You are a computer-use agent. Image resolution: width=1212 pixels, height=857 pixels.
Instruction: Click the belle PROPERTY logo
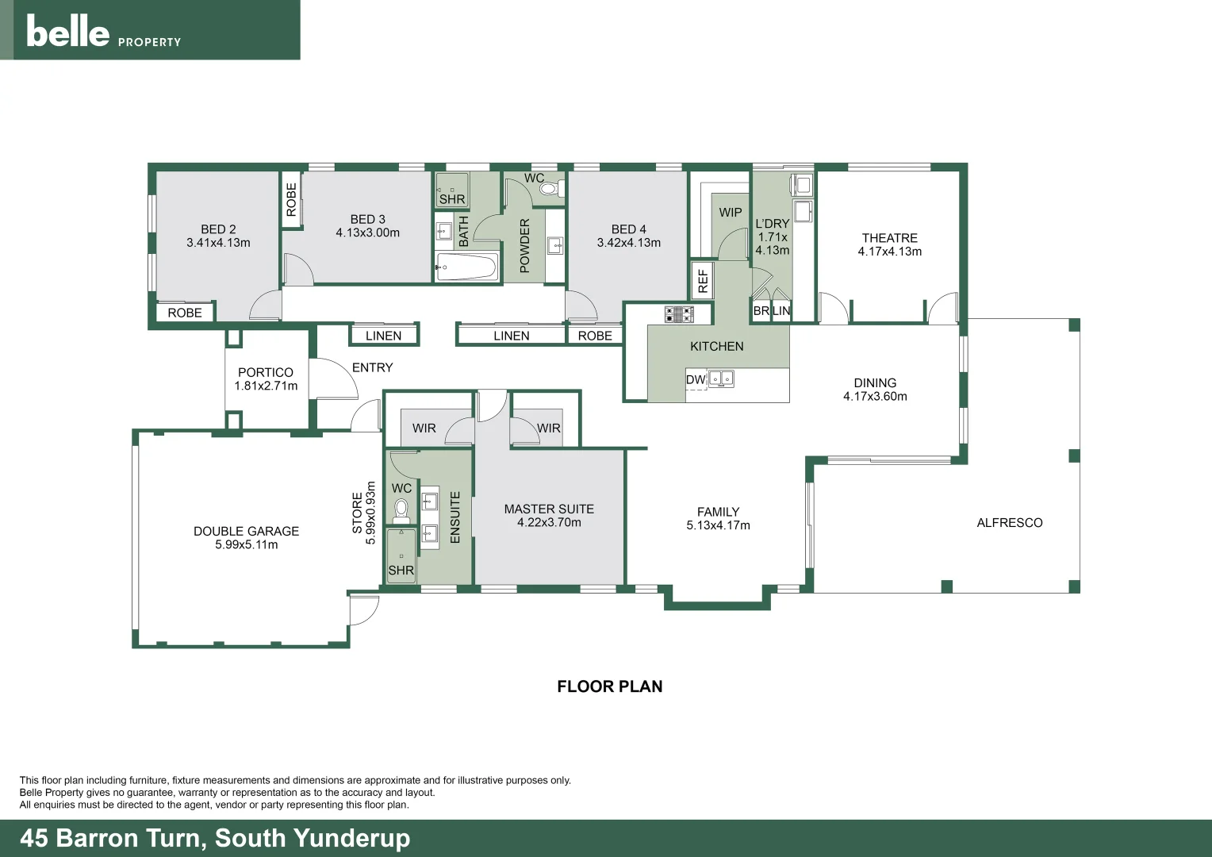(x=103, y=32)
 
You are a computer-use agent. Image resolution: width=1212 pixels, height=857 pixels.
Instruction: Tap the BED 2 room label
(x=218, y=229)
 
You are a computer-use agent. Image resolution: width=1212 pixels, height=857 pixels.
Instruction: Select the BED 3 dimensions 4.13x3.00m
(x=367, y=233)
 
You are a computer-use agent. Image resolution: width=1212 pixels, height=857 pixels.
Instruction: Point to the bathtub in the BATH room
(x=466, y=267)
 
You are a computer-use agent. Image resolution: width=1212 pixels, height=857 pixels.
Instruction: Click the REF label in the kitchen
(x=703, y=280)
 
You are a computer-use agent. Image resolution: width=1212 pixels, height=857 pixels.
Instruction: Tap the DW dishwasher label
(x=695, y=380)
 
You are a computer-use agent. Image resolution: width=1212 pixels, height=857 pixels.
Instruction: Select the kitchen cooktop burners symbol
(x=679, y=314)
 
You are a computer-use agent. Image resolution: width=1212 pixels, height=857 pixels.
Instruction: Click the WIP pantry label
(x=731, y=213)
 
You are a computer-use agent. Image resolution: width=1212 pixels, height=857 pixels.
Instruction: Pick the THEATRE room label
(x=889, y=238)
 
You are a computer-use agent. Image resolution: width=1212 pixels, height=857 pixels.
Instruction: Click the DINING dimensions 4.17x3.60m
(x=875, y=397)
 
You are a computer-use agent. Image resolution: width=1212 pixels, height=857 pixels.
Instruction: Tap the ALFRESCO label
(x=1009, y=523)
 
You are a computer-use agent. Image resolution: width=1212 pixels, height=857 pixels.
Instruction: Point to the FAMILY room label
(x=718, y=512)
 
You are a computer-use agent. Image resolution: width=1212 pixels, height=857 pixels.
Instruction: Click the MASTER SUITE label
(x=549, y=509)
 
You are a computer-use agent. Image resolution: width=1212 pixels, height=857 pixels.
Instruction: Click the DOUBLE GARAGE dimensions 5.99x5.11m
(x=246, y=545)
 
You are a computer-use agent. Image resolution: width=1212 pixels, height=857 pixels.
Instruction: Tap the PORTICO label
(x=265, y=372)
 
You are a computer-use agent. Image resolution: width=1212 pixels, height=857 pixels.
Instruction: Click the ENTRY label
(x=372, y=367)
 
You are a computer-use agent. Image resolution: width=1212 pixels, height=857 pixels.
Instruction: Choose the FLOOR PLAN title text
(x=609, y=686)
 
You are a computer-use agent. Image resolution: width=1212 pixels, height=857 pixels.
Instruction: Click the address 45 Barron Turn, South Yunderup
(x=215, y=838)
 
